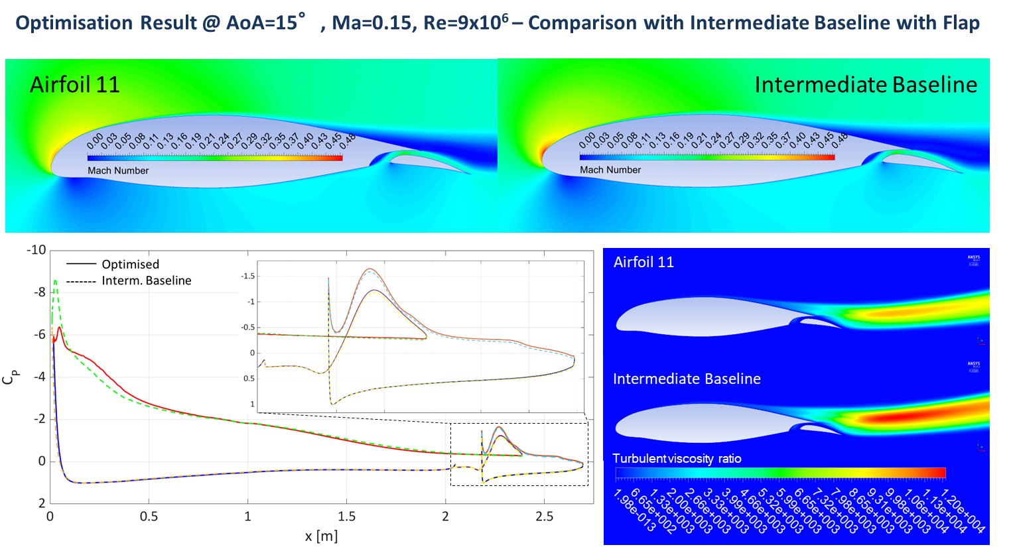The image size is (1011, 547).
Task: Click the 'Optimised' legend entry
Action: [x=130, y=264]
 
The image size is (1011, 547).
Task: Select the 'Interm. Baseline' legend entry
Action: [x=146, y=280]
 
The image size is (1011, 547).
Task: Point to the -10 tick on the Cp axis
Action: [x=36, y=250]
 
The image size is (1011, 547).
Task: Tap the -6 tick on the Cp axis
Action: [x=39, y=334]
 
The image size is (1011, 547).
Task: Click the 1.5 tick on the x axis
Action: [x=346, y=517]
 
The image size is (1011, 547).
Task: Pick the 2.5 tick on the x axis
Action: [x=544, y=517]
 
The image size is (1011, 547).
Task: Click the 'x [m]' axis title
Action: [x=321, y=536]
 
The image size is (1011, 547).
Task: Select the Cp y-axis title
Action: [x=11, y=376]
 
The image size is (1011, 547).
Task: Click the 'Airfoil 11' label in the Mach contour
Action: [x=75, y=85]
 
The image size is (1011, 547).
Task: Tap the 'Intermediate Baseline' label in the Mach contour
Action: [x=866, y=85]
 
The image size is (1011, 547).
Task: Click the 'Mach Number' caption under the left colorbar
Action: [x=118, y=170]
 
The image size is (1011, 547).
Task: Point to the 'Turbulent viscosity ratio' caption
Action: [x=677, y=459]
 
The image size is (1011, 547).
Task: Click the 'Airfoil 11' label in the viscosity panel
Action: [x=643, y=262]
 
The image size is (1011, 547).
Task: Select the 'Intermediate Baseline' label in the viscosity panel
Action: [x=687, y=379]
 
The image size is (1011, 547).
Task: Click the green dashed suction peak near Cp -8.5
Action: [x=55, y=281]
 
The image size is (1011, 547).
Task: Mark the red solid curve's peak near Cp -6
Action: [x=60, y=328]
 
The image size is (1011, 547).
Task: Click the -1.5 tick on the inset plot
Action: [x=247, y=276]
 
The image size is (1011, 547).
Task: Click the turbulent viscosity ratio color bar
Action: [x=780, y=473]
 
